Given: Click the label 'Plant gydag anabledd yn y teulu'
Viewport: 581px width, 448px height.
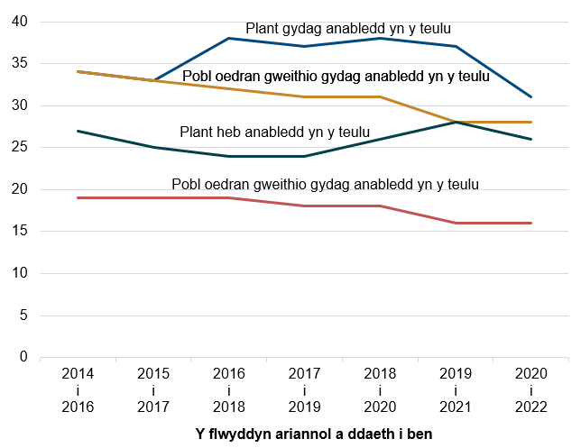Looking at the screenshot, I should (348, 29).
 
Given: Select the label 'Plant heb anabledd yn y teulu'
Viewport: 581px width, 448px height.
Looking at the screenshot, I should (275, 133).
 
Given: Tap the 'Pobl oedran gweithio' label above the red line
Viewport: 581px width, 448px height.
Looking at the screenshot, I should (325, 184).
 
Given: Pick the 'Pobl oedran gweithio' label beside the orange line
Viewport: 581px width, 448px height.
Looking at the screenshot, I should (336, 77).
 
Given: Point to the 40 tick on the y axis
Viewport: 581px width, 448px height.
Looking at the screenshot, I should (20, 22).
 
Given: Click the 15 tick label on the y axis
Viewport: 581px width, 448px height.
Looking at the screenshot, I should (20, 232).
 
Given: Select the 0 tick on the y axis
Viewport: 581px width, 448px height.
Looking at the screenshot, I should (23, 357).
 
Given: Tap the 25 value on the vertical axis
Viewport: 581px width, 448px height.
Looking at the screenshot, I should (20, 148).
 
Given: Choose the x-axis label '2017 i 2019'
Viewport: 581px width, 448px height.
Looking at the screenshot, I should (304, 389).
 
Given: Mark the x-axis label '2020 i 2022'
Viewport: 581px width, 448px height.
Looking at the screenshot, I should (531, 389).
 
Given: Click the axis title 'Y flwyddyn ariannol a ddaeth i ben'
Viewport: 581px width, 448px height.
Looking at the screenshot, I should (314, 434).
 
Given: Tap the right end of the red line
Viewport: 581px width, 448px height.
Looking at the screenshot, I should (531, 223).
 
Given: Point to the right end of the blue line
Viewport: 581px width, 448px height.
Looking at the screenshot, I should (531, 96).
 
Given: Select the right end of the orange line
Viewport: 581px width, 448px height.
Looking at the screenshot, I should (531, 122).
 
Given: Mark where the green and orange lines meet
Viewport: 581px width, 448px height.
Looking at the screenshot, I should (456, 122).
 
